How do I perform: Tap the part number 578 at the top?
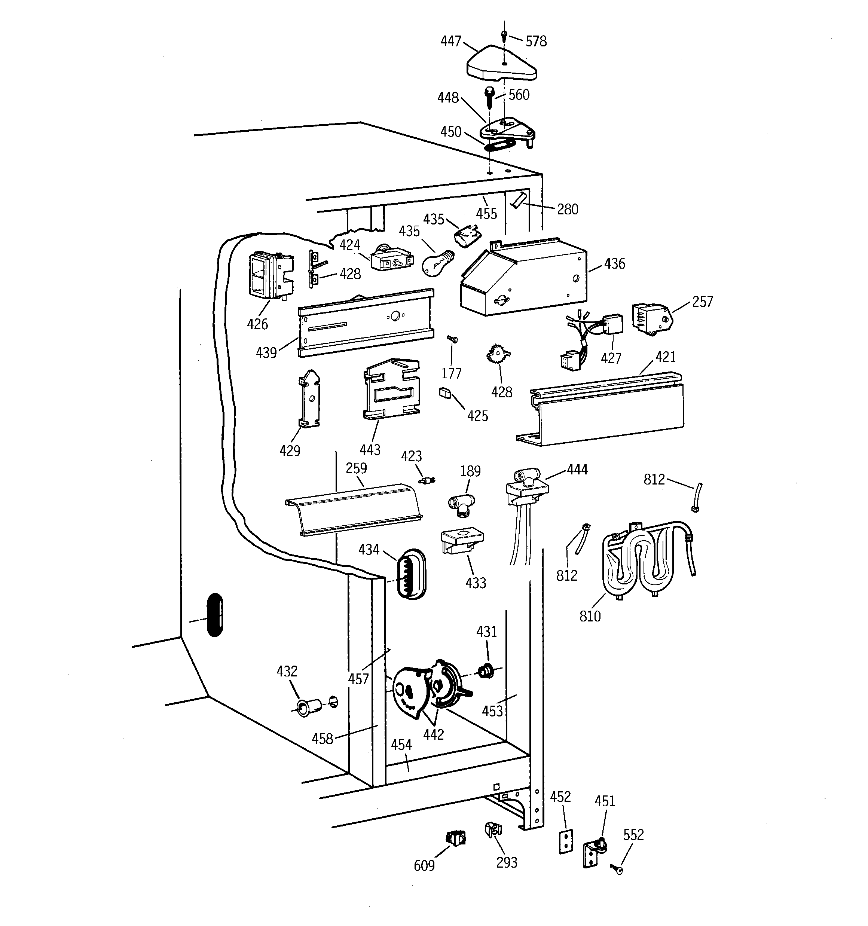click(x=536, y=42)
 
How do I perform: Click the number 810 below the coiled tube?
click(x=590, y=616)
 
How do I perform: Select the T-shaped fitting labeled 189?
click(x=461, y=504)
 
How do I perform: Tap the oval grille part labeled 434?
click(x=410, y=574)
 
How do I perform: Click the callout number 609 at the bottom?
click(x=424, y=865)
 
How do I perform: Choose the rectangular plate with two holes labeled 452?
click(x=565, y=841)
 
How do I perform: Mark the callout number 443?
click(x=370, y=450)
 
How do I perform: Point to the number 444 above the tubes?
click(x=577, y=470)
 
